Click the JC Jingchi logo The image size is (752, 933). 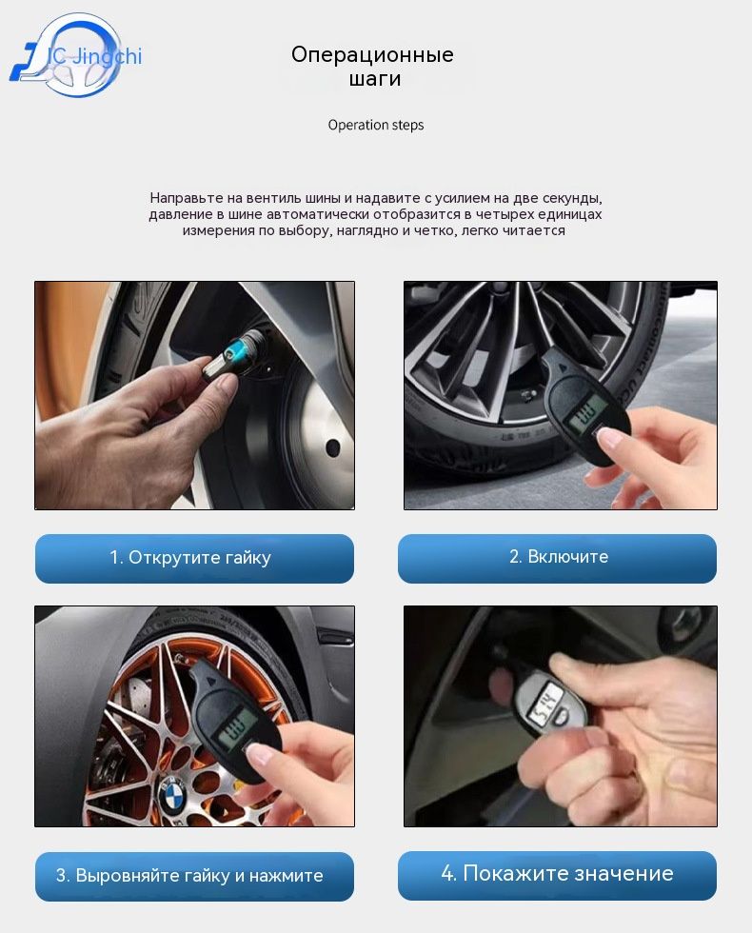coord(76,56)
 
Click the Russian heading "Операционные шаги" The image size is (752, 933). coord(372,66)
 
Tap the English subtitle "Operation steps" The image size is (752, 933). coord(376,125)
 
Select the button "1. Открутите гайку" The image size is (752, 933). coord(194,558)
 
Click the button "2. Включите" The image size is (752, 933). coord(557,558)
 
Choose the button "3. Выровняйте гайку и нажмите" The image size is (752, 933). coord(194,876)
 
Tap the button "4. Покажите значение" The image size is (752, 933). coord(557,875)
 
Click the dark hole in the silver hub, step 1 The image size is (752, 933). coord(332,447)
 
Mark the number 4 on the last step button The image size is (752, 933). coord(447,874)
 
